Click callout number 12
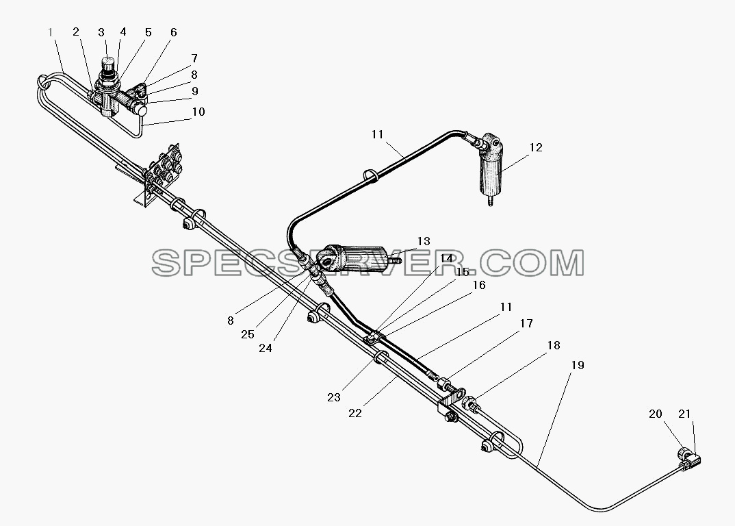[x=536, y=147]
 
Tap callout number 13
[x=424, y=241]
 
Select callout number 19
[x=578, y=365]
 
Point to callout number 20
[x=656, y=414]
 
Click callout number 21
[x=685, y=414]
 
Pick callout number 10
[x=198, y=112]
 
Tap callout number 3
[x=101, y=32]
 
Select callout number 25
[x=248, y=334]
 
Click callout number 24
[x=266, y=348]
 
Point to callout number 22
[x=355, y=413]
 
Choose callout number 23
[x=334, y=397]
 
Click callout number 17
[x=526, y=323]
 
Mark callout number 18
[x=554, y=345]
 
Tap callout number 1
[x=51, y=32]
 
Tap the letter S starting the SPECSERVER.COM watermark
[x=165, y=263]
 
